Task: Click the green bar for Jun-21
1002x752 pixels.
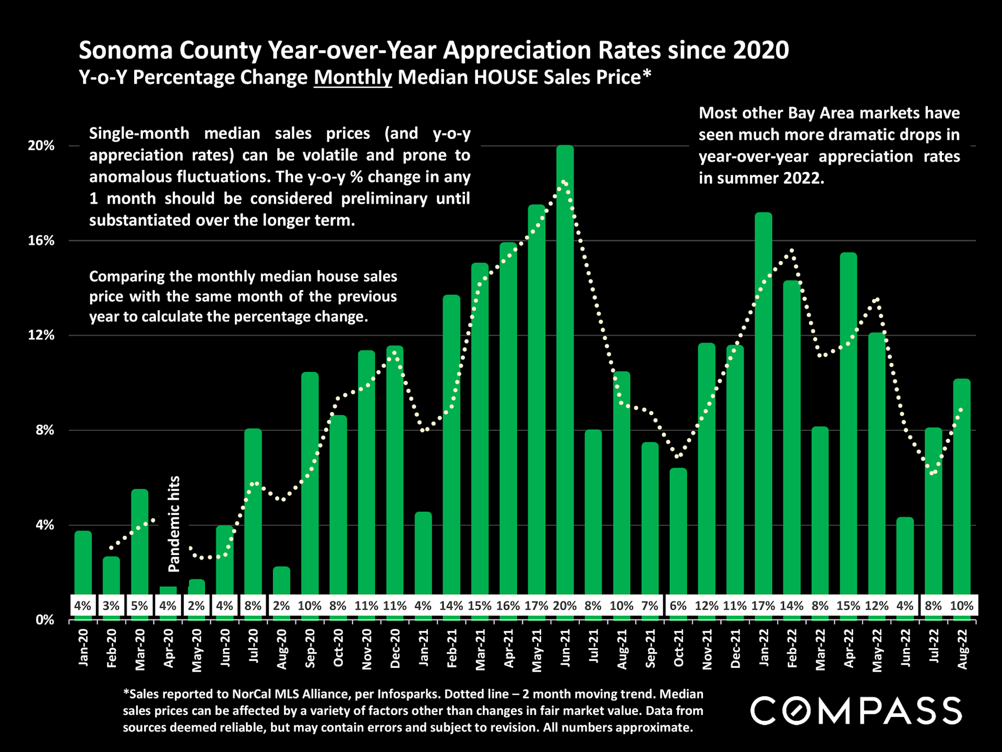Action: point(565,366)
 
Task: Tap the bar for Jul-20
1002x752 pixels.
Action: point(253,512)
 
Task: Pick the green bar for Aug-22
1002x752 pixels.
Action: point(961,486)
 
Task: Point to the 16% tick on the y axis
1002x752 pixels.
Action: point(41,241)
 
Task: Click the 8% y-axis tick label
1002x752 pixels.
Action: point(44,430)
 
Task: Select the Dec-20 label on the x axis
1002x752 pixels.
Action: point(395,648)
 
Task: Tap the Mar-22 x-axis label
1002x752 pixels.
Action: point(820,649)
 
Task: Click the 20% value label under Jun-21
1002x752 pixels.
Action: point(565,606)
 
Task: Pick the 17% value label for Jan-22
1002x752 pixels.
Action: point(763,606)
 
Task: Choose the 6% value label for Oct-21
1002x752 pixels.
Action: point(678,606)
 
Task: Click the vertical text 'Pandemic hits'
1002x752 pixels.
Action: point(174,524)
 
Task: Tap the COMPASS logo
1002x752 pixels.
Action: point(856,710)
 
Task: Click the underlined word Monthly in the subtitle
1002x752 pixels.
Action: point(352,77)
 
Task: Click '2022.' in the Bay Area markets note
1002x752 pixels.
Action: point(799,178)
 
